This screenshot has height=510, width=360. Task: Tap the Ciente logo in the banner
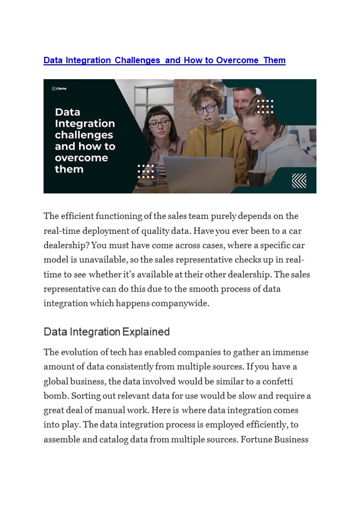point(59,89)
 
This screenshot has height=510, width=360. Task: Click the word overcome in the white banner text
point(81,158)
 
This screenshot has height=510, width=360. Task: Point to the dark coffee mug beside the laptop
point(256,177)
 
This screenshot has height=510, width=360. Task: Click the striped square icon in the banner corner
point(299,181)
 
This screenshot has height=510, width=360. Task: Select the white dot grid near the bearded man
point(265,106)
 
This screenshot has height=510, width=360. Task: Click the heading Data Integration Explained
point(107,332)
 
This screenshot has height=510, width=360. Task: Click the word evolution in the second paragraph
point(82,352)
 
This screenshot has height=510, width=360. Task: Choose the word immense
point(289,352)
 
